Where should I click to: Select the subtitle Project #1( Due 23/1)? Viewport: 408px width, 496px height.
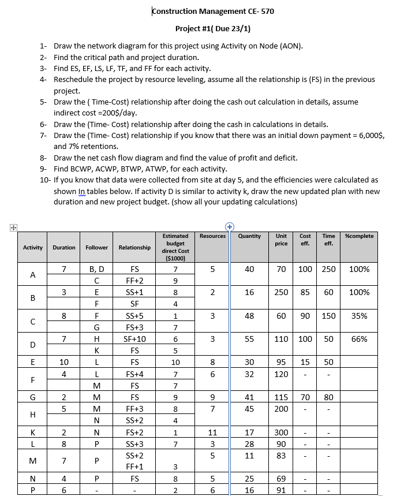tap(212, 29)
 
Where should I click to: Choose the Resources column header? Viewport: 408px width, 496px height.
tap(212, 236)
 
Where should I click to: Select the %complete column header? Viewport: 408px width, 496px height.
tap(359, 236)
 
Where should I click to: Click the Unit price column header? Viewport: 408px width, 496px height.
tap(281, 240)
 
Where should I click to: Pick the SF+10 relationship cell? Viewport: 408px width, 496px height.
tap(134, 340)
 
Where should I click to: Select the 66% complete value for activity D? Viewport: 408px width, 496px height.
tap(359, 340)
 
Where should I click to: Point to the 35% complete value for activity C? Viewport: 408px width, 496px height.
tap(359, 316)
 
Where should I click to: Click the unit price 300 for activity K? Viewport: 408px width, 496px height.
tap(281, 432)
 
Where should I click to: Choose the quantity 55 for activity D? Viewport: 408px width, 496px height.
tap(249, 340)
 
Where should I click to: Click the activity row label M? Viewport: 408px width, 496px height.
tap(32, 461)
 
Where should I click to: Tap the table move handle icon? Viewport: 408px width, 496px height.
tap(5, 226)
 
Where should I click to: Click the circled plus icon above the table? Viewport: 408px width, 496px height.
tap(229, 226)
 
